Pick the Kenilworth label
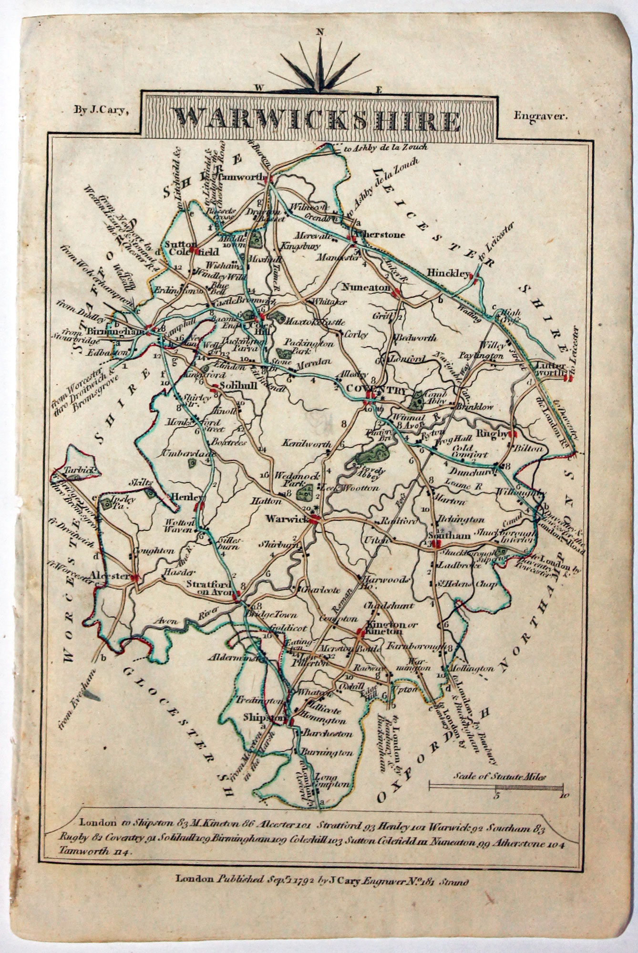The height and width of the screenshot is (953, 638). point(307,443)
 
